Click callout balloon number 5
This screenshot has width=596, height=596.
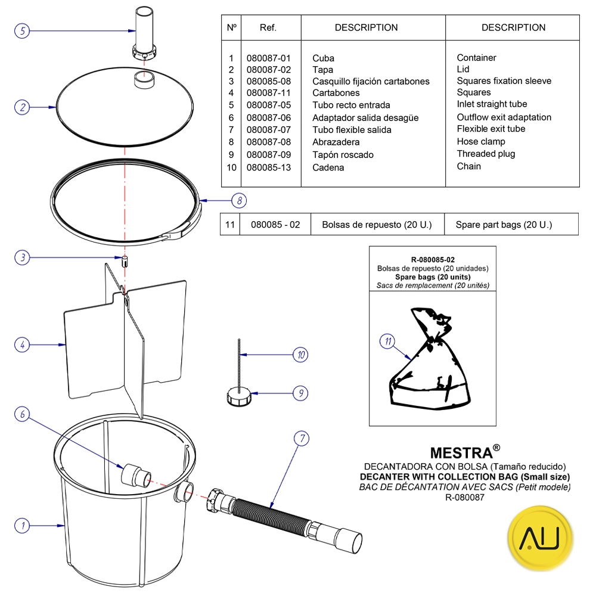click(22, 30)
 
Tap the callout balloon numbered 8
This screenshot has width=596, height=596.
click(238, 200)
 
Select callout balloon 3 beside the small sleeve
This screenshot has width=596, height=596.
click(22, 257)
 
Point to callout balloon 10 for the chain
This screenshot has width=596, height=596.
click(301, 355)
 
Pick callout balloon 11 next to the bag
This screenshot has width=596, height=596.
click(388, 342)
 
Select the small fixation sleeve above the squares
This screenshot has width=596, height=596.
click(126, 261)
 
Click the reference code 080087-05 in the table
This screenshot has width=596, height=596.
click(268, 105)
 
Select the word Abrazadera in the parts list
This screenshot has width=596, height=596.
click(336, 142)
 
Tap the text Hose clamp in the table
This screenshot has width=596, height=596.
click(481, 142)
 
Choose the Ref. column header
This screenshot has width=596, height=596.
click(268, 28)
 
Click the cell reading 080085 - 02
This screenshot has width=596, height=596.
click(275, 225)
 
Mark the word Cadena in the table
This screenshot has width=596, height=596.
click(328, 167)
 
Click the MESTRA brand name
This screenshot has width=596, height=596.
click(461, 453)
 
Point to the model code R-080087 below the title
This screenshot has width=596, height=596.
click(465, 498)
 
